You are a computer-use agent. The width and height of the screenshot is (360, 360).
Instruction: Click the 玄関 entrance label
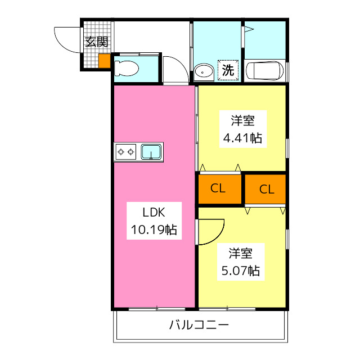pyautogui.click(x=96, y=41)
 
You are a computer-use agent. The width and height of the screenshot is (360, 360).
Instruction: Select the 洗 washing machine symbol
pyautogui.click(x=228, y=70)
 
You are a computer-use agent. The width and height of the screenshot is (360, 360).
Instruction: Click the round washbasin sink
pyautogui.click(x=204, y=71)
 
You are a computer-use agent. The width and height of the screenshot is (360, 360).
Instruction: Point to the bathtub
pyautogui.click(x=266, y=71)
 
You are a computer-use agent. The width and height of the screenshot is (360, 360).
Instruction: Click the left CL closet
pyautogui.click(x=218, y=188)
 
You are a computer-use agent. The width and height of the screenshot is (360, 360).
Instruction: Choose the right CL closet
pyautogui.click(x=266, y=189)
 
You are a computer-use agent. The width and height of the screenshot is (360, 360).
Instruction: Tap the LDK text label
pyautogui.click(x=153, y=213)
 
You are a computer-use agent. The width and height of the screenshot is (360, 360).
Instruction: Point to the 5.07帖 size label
pyautogui.click(x=240, y=271)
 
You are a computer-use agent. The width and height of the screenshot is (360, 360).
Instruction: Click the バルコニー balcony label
pyautogui.click(x=199, y=325)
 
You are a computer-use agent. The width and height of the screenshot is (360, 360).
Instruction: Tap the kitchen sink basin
pyautogui.click(x=151, y=151)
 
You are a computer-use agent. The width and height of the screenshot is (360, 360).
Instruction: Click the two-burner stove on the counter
pyautogui.click(x=126, y=151)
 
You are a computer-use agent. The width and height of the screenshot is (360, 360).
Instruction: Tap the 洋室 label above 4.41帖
pyautogui.click(x=242, y=120)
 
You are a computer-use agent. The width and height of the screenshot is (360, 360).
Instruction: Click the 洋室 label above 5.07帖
pyautogui.click(x=240, y=254)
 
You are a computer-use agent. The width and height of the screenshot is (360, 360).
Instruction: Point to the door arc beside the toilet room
pyautogui.click(x=175, y=70)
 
